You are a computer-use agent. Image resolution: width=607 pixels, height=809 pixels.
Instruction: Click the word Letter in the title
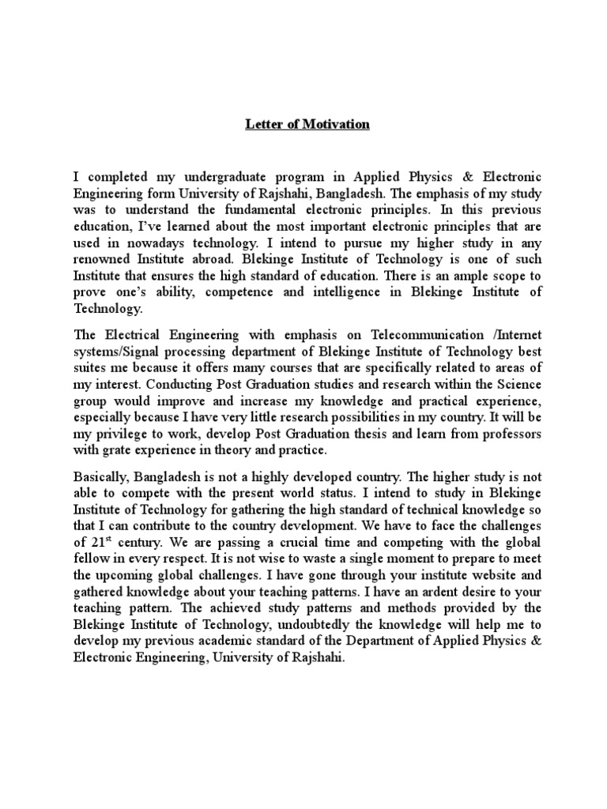pos(262,125)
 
